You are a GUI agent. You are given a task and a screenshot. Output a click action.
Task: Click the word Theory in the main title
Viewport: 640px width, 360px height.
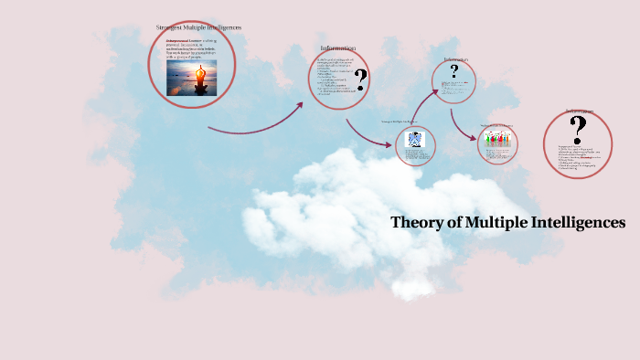[x=415, y=222]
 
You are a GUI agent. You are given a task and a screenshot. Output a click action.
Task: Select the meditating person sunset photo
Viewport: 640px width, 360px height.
[x=191, y=77]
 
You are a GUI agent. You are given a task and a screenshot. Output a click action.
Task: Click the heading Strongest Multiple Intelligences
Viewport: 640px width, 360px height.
[x=198, y=27]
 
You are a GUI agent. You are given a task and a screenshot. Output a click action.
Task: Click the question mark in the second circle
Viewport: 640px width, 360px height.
[x=360, y=80]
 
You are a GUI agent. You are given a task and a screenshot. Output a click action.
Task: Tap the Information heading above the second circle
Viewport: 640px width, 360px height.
[x=337, y=48]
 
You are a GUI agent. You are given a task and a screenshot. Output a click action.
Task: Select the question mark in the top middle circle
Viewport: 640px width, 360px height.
[x=453, y=72]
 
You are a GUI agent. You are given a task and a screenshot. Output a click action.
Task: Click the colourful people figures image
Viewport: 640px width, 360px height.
[x=497, y=138]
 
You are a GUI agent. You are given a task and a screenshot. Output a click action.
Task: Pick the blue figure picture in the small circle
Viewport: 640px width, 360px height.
[x=414, y=140]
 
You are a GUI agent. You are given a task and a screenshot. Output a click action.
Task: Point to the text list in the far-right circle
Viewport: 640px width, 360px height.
[x=573, y=158]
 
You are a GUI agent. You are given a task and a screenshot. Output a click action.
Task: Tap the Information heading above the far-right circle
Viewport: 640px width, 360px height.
[x=578, y=111]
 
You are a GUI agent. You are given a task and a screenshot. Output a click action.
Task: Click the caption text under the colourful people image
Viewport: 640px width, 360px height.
[x=497, y=151]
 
